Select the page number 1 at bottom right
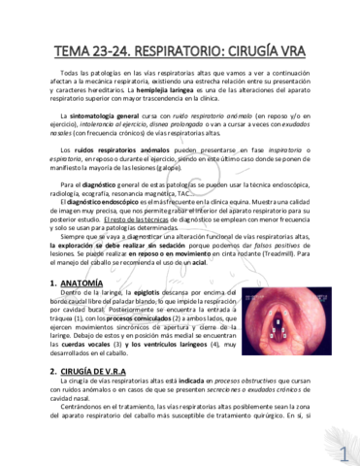(x=344, y=452)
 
